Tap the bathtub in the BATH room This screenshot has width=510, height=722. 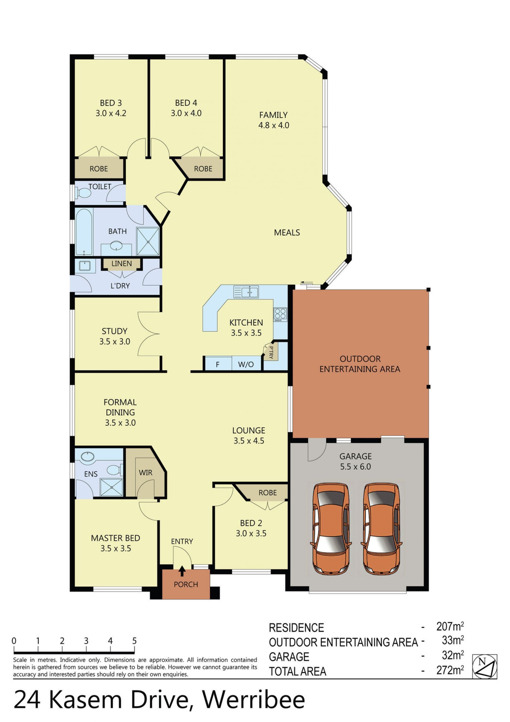pyautogui.click(x=84, y=232)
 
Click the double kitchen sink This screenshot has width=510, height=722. pyautogui.click(x=246, y=292)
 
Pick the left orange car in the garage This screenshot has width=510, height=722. pyautogui.click(x=331, y=529)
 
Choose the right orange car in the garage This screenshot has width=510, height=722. pyautogui.click(x=381, y=529)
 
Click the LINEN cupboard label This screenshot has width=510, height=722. pyautogui.click(x=122, y=263)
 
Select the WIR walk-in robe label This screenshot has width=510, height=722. pyautogui.click(x=146, y=473)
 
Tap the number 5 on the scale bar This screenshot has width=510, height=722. pyautogui.click(x=134, y=641)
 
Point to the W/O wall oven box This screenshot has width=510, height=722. pyautogui.click(x=246, y=364)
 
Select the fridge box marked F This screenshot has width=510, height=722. pyautogui.click(x=218, y=364)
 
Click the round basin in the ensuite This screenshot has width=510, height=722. pyautogui.click(x=88, y=457)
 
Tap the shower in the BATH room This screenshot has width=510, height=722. pyautogui.click(x=148, y=241)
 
